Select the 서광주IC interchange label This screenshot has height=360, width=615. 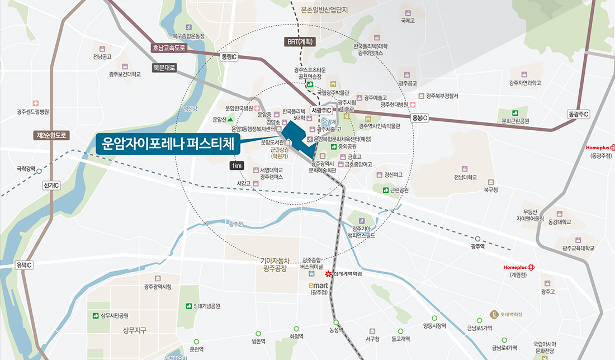[322, 111]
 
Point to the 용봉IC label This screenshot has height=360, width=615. [419, 118]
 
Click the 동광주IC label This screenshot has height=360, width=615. [579, 114]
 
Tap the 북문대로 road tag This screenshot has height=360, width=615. [164, 68]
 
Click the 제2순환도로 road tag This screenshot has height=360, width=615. [51, 135]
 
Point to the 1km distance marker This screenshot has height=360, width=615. [237, 165]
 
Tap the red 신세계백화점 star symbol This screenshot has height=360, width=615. [329, 274]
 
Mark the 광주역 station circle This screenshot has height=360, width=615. [477, 239]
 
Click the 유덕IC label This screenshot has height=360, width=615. [25, 264]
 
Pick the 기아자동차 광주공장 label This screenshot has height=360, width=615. [275, 264]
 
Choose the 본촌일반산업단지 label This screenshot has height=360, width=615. [324, 10]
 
